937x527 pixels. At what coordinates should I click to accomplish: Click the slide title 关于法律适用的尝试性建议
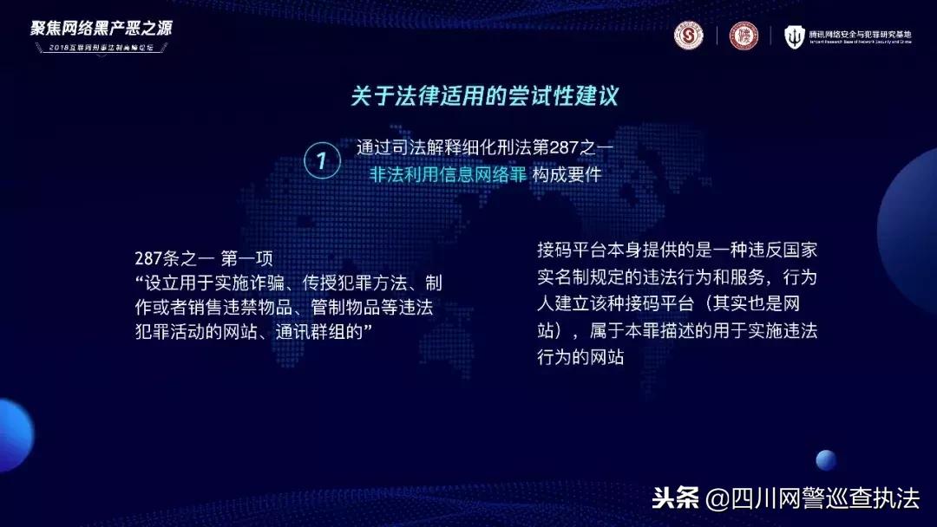(x=484, y=94)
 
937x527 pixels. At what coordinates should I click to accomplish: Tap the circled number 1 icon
(x=322, y=159)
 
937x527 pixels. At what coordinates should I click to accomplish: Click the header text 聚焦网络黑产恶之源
(x=102, y=28)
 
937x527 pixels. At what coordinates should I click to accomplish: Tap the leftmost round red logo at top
(x=689, y=36)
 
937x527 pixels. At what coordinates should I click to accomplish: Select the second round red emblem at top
(x=743, y=36)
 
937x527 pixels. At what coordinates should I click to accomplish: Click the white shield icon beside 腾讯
(x=795, y=36)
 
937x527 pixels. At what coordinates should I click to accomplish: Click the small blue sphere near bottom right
(x=826, y=460)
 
